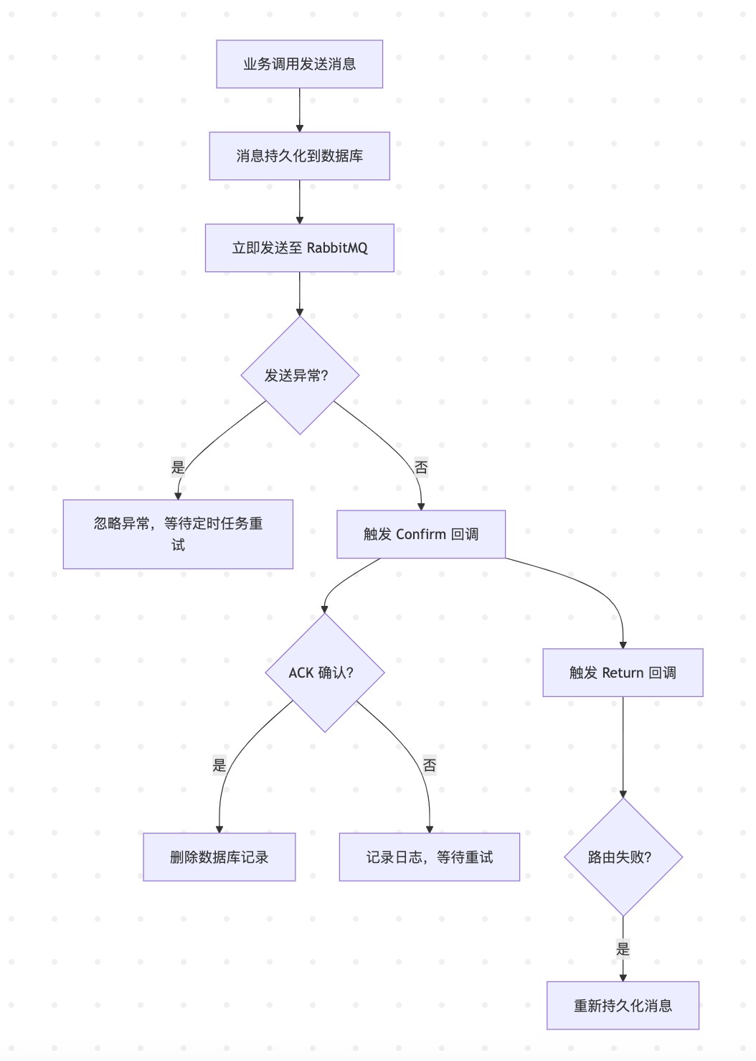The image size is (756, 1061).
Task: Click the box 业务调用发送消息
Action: coord(299,64)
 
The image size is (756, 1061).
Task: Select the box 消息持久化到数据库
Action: coord(299,156)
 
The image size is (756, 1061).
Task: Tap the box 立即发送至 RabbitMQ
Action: coord(299,248)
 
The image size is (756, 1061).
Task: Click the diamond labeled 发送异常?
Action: coord(299,375)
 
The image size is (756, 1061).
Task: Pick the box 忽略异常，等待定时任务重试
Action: coord(178,534)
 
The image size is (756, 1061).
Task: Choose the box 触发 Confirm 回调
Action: coord(421,534)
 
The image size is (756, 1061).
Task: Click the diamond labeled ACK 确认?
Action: coord(324,673)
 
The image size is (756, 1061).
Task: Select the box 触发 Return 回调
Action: coord(623,673)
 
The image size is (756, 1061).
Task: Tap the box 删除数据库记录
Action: coord(219,857)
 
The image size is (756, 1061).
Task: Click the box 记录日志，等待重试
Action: coord(429,857)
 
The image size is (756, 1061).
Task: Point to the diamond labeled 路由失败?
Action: coord(623,857)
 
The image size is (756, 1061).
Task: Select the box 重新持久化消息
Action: coord(623,1006)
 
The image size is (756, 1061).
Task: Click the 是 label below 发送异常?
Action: coord(178,467)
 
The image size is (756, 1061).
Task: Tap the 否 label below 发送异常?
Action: coord(421,467)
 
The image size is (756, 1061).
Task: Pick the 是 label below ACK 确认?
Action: coord(219,765)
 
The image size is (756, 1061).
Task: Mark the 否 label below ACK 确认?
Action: coord(429,765)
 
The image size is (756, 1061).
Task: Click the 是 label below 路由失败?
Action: coord(623,949)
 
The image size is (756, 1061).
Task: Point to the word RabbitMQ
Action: coord(337,248)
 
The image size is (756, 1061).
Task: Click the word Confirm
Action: coord(421,534)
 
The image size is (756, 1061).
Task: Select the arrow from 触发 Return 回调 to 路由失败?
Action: coord(623,747)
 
